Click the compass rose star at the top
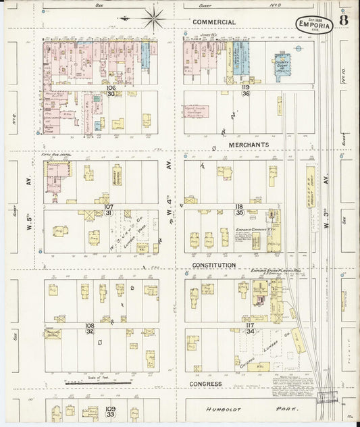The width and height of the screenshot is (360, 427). tap(153, 18)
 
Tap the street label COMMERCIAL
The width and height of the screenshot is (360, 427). tap(214, 22)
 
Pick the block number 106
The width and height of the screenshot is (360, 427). tap(111, 88)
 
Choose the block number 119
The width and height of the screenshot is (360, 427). tap(247, 88)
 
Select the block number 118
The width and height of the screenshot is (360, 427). tap(238, 206)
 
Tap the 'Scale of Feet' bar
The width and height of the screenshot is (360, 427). tap(97, 382)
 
